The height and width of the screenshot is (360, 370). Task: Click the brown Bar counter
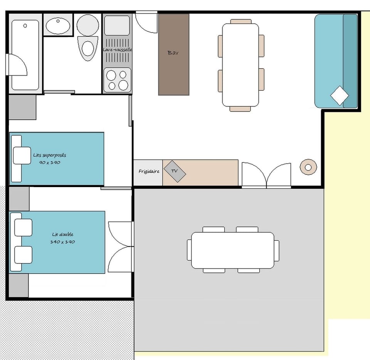[x=174, y=54]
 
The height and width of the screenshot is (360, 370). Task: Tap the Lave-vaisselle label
[x=117, y=50]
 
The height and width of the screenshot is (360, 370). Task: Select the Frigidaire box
[x=148, y=173]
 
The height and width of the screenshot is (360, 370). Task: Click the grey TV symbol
[x=175, y=171]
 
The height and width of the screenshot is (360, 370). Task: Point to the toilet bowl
[x=88, y=49]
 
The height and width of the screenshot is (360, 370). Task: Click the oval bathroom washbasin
[x=58, y=26]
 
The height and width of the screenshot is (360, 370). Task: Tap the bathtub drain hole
[x=25, y=25]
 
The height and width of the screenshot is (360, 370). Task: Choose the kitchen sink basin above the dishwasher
[x=117, y=25]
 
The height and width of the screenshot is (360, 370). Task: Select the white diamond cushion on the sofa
[x=340, y=95]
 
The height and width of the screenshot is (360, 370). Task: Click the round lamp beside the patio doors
[x=308, y=167]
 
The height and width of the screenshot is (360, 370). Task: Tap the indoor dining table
[x=240, y=65]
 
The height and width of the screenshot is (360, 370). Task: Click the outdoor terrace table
[x=233, y=250]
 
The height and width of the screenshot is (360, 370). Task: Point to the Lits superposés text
[x=50, y=155]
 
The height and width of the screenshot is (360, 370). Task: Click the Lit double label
[x=63, y=234]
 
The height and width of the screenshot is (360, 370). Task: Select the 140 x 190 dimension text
[x=62, y=242]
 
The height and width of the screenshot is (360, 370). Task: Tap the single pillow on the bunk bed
[x=22, y=155]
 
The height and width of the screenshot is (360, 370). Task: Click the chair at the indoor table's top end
[x=240, y=22]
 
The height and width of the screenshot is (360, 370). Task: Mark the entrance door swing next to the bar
[x=146, y=22]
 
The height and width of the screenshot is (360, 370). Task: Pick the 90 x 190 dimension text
[x=50, y=162]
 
